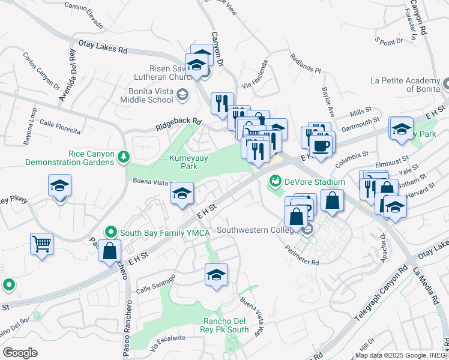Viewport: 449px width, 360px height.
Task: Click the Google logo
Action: click(x=20, y=353)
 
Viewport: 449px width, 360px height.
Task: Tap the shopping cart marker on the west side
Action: click(x=41, y=244)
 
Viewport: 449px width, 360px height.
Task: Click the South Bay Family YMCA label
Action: click(x=147, y=232)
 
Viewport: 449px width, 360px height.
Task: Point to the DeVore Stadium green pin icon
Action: click(x=276, y=179)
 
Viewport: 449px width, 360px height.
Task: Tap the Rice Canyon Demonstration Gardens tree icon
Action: click(x=124, y=157)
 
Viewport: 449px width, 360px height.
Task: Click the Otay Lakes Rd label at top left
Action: click(x=103, y=47)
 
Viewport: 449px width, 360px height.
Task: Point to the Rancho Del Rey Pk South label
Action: click(x=226, y=325)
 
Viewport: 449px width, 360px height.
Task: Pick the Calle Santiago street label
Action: click(x=155, y=281)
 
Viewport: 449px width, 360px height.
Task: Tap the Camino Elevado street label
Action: click(x=88, y=19)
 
